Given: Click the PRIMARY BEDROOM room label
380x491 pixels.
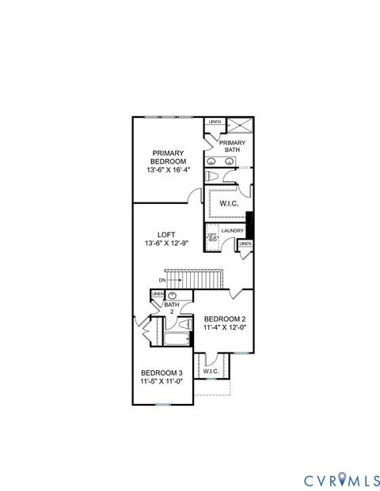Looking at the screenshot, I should (168, 157).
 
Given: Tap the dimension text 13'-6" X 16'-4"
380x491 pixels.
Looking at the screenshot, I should (168, 169).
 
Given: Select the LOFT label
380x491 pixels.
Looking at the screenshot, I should (166, 235).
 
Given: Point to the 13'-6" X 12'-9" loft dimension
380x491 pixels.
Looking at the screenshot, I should (167, 244).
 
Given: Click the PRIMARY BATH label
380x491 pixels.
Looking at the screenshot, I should (232, 145).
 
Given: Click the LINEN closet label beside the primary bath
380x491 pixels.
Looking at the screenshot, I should (214, 122).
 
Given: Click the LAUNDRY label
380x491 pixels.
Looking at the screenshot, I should (232, 231).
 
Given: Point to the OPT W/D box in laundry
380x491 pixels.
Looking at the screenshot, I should (212, 236).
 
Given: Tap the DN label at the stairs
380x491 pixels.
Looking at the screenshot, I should (161, 279).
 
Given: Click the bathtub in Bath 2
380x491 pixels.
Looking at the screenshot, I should (177, 340).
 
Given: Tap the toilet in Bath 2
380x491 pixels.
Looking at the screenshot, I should (183, 324).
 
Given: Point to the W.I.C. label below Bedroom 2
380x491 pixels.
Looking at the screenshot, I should (211, 371).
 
